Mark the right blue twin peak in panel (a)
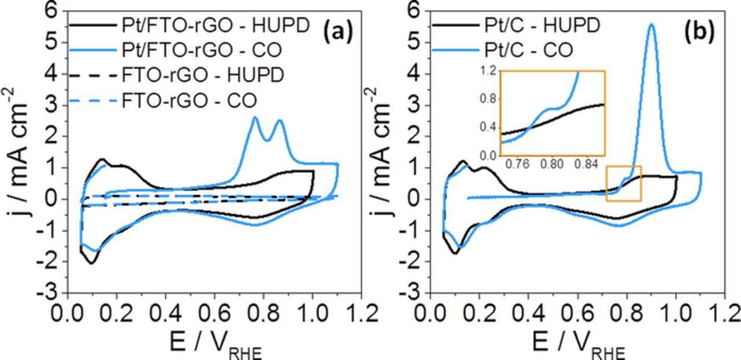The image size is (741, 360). click(280, 121)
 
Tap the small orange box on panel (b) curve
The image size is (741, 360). click(623, 183)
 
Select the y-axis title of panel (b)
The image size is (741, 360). click(380, 152)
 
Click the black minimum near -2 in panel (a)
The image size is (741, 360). click(91, 263)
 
